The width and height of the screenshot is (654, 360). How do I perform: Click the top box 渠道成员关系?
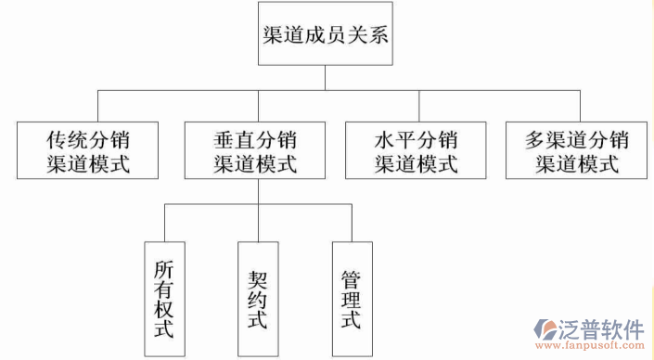325,35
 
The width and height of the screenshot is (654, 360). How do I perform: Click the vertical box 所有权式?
164,299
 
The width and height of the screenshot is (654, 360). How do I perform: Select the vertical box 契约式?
258,299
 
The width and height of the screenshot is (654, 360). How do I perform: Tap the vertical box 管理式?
352,299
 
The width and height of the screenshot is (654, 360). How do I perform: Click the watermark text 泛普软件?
601,329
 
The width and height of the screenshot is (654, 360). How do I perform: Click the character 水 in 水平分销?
384,141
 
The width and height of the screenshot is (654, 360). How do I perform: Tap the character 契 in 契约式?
258,278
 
